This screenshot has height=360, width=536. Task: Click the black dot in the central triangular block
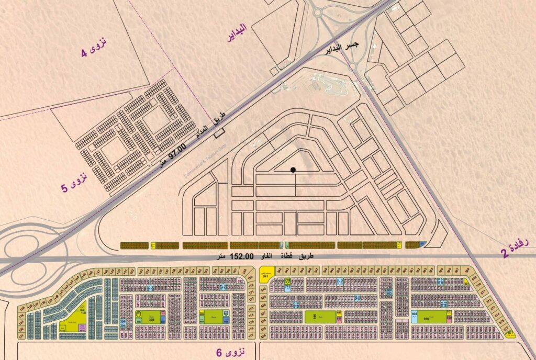click(293, 169)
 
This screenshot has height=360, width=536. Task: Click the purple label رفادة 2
click(518, 245)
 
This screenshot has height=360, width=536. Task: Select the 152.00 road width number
click(242, 256)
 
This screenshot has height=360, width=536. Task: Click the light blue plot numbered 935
click(414, 316)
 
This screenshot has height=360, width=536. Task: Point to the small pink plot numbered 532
click(240, 282)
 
